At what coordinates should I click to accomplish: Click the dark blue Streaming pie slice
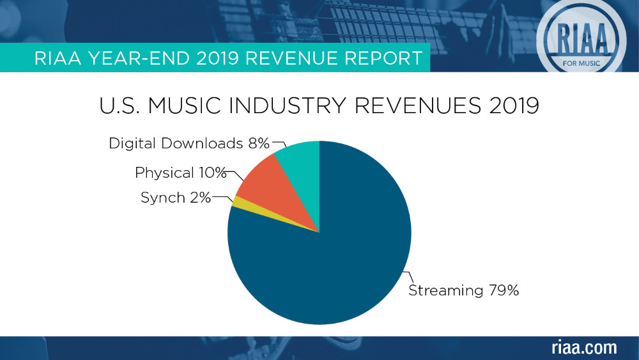pos(332,256)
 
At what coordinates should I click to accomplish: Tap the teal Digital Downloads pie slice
pos(300,166)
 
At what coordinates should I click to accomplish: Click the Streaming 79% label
pos(463,290)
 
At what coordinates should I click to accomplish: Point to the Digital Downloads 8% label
pos(189,143)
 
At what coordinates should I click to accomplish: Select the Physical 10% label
pos(181,173)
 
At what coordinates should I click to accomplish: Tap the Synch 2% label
pos(176,198)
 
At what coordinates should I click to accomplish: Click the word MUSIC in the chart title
pos(194,106)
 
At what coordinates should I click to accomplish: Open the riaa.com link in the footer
pos(584,348)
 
